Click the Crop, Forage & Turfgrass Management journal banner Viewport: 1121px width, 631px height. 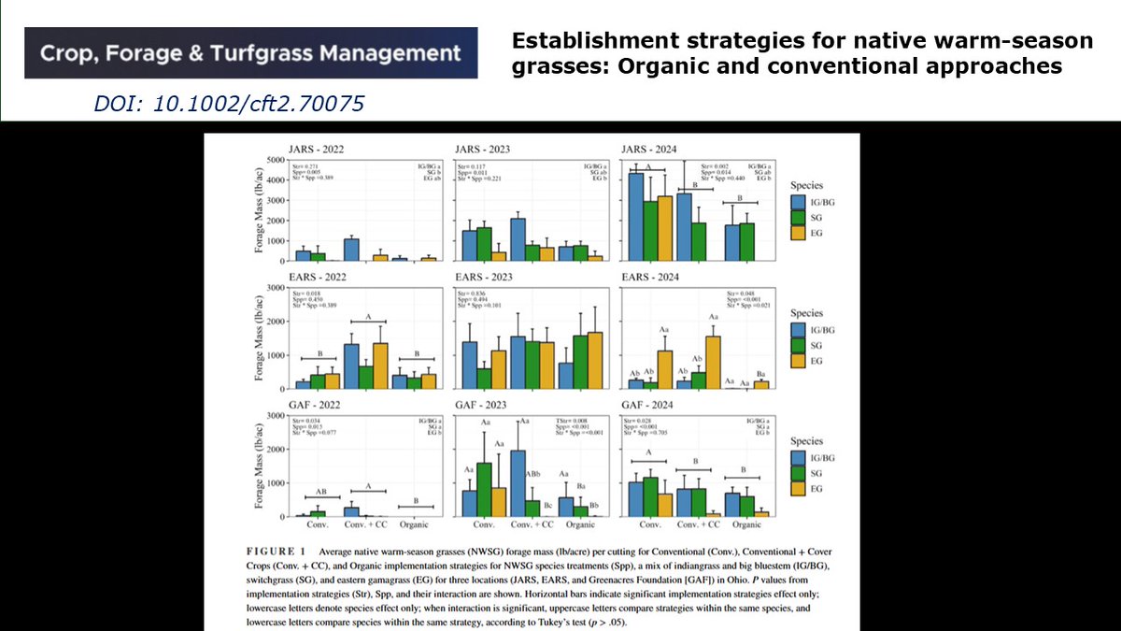tap(250, 52)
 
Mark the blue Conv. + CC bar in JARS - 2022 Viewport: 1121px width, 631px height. tap(351, 250)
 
